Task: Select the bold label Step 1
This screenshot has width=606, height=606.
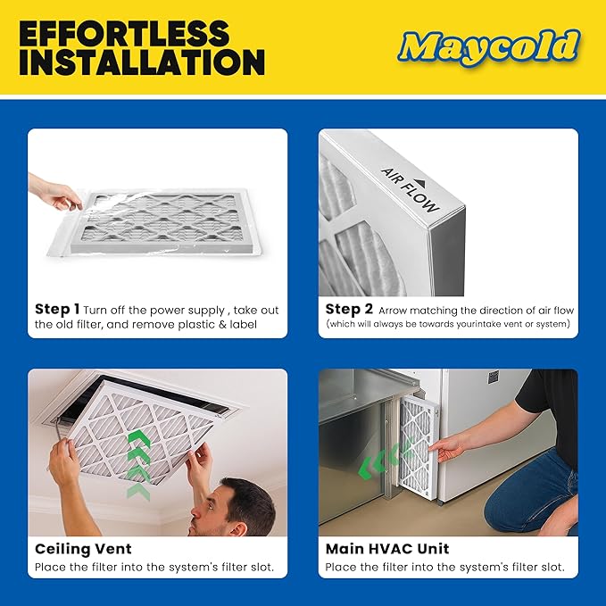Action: [x=57, y=310]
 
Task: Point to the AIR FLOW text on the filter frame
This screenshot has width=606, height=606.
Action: [x=410, y=189]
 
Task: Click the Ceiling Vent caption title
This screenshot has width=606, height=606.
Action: [x=83, y=549]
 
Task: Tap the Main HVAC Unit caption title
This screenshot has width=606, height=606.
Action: [x=387, y=549]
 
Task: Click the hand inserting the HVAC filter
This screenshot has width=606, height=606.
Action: [x=446, y=445]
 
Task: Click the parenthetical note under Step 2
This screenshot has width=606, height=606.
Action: [x=447, y=324]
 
